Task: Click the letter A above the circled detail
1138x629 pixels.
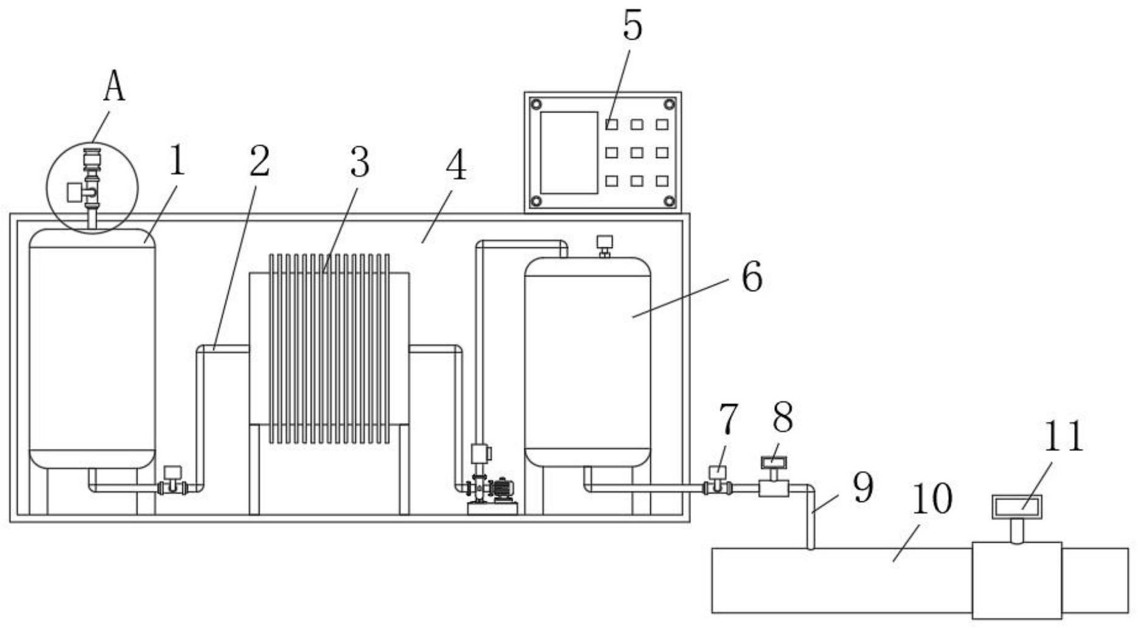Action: (x=114, y=87)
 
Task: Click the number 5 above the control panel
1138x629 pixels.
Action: (x=632, y=27)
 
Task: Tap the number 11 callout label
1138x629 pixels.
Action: (x=1063, y=436)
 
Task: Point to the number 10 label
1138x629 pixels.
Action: (x=931, y=500)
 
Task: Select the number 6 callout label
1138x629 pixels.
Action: (x=752, y=278)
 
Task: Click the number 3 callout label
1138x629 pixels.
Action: (x=359, y=162)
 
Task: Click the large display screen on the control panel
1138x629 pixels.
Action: (x=569, y=153)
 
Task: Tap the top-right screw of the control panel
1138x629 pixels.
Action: (x=669, y=105)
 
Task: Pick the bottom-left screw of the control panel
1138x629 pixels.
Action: (x=536, y=201)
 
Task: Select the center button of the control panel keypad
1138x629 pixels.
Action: (x=637, y=153)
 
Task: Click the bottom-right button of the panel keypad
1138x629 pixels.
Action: (x=662, y=181)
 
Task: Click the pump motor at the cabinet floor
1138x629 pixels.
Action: (x=502, y=489)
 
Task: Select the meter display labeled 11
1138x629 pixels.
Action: (x=1016, y=506)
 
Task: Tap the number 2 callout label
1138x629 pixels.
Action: (x=258, y=161)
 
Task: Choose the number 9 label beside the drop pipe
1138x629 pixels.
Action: (x=862, y=487)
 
